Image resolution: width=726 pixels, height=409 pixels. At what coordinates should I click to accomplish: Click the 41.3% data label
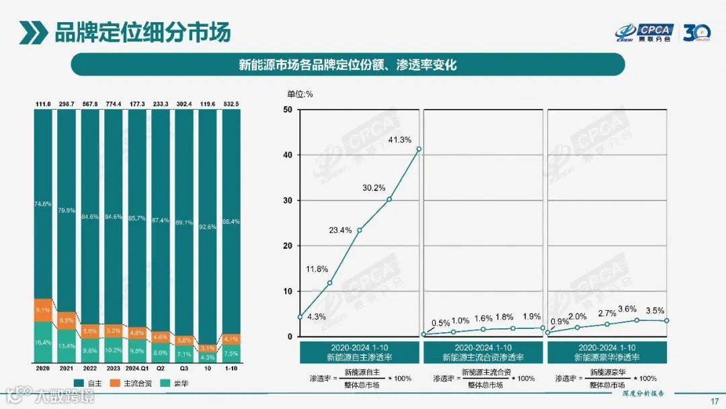[401, 139]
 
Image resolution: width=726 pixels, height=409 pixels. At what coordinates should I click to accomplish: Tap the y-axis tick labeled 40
[288, 155]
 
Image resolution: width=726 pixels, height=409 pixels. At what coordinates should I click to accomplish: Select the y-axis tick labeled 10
[288, 291]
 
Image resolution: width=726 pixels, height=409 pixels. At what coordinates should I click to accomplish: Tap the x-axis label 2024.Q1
[137, 369]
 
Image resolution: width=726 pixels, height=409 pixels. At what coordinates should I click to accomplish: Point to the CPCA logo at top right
[645, 31]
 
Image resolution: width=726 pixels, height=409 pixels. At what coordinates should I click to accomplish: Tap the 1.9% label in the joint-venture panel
[532, 317]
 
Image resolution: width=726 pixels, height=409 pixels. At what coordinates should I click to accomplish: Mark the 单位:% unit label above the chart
[300, 94]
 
